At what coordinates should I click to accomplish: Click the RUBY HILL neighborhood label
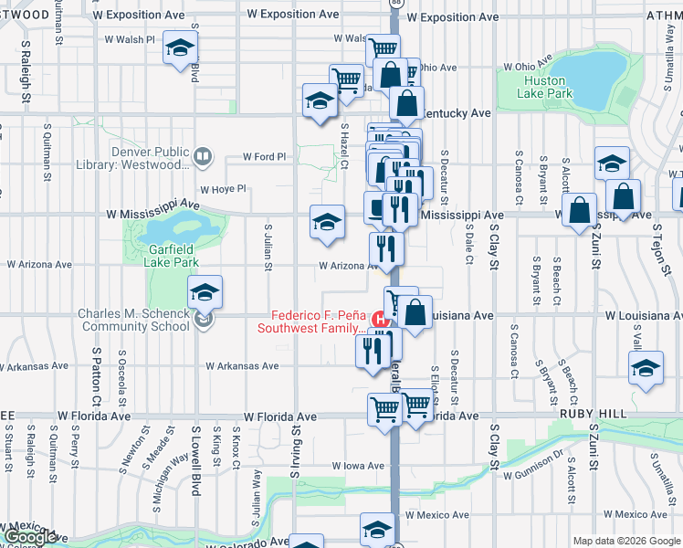click(594, 414)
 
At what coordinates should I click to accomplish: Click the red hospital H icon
click(381, 319)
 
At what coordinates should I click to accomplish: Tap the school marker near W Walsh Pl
click(180, 47)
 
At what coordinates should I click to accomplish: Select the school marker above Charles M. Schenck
click(205, 291)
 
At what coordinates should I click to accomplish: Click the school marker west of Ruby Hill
click(646, 366)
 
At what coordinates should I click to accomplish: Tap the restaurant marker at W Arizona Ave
click(386, 248)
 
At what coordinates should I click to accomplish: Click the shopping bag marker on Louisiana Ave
click(415, 312)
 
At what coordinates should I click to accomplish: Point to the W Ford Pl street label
click(265, 157)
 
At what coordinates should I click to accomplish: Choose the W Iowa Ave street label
click(358, 466)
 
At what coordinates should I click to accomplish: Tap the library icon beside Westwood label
click(204, 159)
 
